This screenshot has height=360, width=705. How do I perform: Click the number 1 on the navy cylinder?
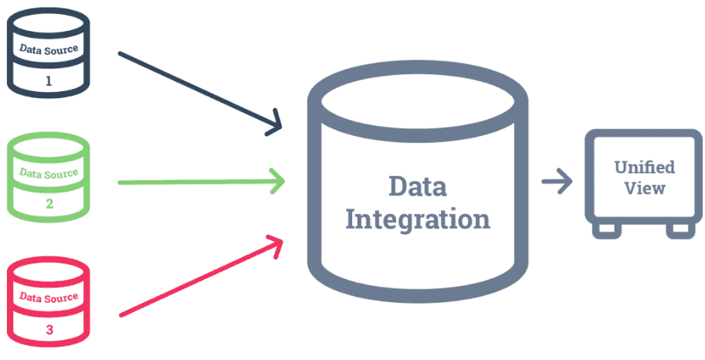point(49,80)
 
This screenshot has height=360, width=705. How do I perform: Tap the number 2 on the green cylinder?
point(49,204)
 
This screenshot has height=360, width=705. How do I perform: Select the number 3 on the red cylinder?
point(49,328)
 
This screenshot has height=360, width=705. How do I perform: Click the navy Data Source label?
point(49,50)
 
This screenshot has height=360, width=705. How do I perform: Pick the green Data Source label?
point(49,174)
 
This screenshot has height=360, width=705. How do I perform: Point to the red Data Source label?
point(49,297)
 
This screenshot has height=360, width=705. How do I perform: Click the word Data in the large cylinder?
point(417,186)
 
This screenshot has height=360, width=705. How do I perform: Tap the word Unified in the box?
point(644,167)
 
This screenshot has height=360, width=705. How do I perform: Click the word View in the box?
point(644,188)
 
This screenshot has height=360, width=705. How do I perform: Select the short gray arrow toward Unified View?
point(556,182)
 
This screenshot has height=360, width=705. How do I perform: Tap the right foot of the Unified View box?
point(680,229)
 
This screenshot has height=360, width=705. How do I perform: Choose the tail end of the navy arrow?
point(120,54)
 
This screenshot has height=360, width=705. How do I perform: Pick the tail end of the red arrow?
point(120,314)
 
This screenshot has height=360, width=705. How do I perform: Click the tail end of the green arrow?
point(120,182)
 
